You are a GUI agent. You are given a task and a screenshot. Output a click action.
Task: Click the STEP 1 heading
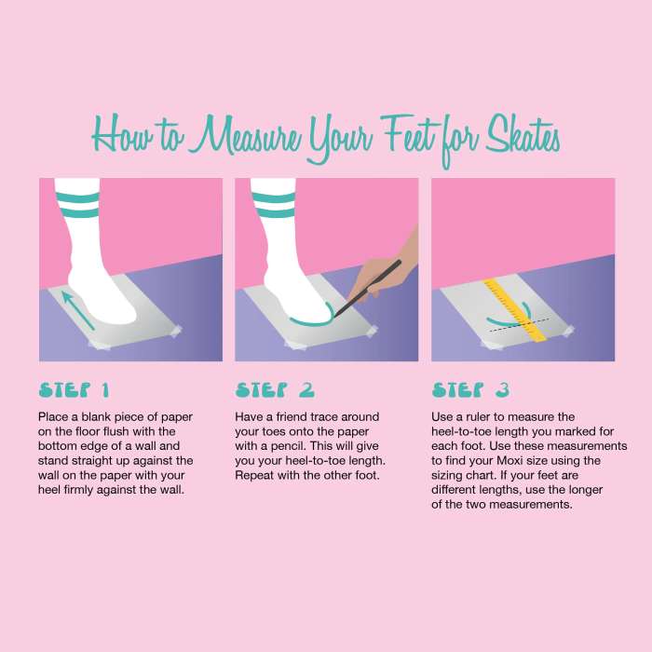pos(74,390)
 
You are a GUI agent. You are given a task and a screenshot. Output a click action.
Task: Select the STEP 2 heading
pos(275,390)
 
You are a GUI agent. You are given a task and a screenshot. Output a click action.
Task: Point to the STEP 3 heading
pos(470,390)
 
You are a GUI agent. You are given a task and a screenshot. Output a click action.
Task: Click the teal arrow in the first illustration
pos(78,310)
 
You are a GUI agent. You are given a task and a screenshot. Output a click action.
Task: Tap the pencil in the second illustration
pos(368,288)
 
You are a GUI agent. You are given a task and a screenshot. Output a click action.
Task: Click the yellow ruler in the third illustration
pos(515,310)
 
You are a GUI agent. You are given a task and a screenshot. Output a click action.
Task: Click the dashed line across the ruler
pos(520,325)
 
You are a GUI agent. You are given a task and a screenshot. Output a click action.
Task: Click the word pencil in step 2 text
pos(287,446)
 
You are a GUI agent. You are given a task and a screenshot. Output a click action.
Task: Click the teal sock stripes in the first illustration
pos(77,205)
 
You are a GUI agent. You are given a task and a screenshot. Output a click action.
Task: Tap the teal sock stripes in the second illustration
pos(273,205)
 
